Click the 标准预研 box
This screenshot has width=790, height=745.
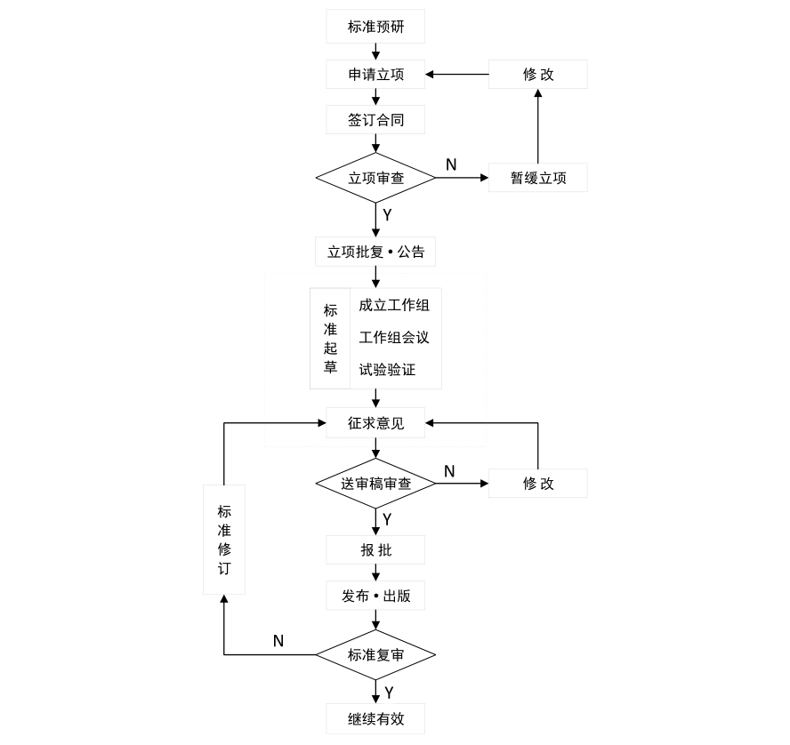tap(375, 27)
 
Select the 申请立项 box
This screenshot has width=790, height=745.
tap(375, 74)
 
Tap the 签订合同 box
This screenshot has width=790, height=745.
tap(375, 119)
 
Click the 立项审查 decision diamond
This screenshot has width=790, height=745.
tap(375, 178)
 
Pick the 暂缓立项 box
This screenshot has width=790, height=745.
tap(538, 178)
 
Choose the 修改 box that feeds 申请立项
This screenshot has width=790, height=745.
tap(538, 74)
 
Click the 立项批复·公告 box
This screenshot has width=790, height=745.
tap(375, 252)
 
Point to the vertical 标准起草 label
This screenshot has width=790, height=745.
tap(330, 339)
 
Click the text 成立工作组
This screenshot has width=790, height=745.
tap(394, 306)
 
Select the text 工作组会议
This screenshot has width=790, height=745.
tap(394, 338)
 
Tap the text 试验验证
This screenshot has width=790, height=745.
tap(388, 370)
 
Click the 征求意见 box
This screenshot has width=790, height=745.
tap(375, 423)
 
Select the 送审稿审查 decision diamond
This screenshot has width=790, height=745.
tap(375, 484)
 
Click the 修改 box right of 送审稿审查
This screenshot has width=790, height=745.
tap(538, 484)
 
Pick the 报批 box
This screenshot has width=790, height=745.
tap(375, 550)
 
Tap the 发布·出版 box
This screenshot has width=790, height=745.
tap(375, 596)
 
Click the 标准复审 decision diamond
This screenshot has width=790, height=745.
tap(375, 655)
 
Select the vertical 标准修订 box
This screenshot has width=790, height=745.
tap(224, 540)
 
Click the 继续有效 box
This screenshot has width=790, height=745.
tap(375, 718)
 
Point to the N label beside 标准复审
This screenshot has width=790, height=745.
tap(278, 640)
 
